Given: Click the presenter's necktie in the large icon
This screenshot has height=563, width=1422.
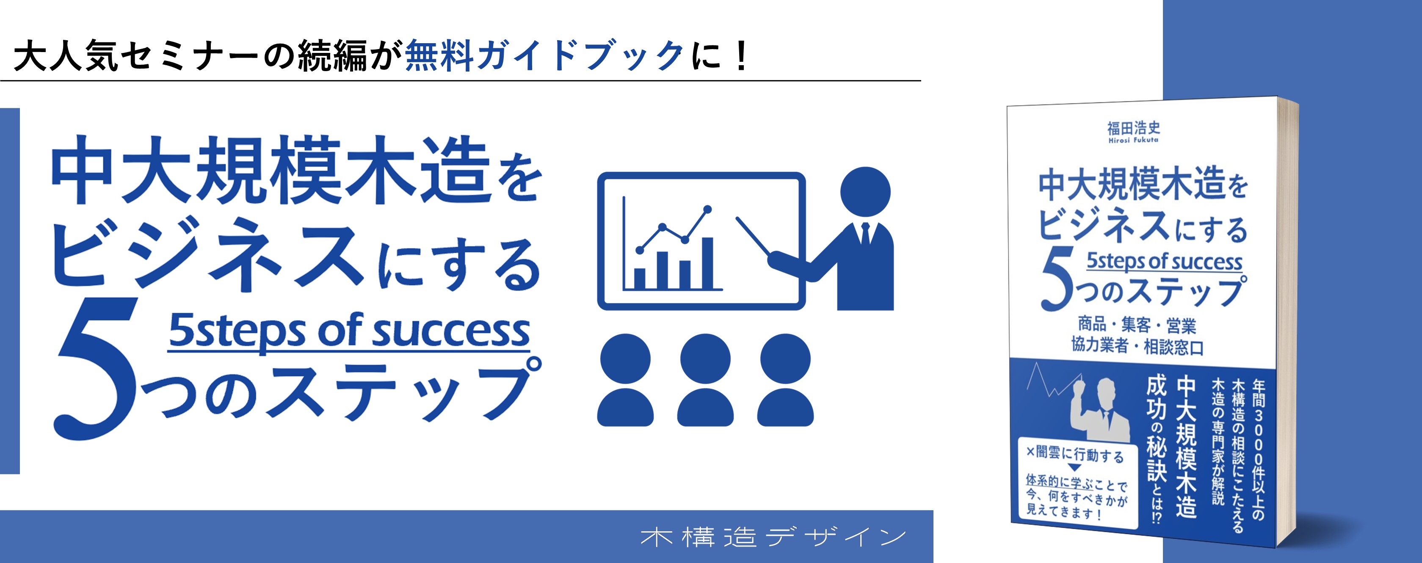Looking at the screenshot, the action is [865, 234].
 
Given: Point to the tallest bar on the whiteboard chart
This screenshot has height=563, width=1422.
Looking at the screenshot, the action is [707, 263].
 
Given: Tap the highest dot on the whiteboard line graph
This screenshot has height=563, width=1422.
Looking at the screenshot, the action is [708, 209].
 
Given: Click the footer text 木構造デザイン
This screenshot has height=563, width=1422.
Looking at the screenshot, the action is [773, 537].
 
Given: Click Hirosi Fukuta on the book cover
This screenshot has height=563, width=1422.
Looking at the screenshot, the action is [1133, 140].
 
